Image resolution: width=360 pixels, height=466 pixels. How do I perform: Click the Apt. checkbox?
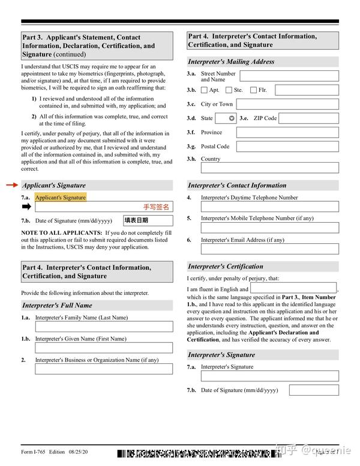[x=204, y=90]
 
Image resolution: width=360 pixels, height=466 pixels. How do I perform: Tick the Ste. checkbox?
[x=229, y=90]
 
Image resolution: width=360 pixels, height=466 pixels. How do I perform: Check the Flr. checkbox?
[x=253, y=90]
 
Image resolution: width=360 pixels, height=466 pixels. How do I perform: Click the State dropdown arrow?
[x=231, y=118]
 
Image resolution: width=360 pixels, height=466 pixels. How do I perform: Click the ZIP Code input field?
[x=308, y=118]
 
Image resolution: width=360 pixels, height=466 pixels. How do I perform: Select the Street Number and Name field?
[x=289, y=76]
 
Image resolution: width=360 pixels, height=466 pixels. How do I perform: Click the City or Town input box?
[x=287, y=104]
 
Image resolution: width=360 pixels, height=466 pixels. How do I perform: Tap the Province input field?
[x=287, y=132]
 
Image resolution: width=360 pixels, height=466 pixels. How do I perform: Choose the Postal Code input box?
[x=287, y=146]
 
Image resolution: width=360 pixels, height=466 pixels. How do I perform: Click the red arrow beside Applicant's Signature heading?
[x=12, y=185]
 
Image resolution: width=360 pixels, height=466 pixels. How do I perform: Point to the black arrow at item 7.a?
[x=26, y=207]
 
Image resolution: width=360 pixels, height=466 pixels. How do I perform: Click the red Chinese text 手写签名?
[x=156, y=207]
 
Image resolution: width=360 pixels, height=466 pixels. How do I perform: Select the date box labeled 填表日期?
[x=148, y=220]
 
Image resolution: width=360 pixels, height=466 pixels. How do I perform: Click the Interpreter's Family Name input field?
[x=104, y=327]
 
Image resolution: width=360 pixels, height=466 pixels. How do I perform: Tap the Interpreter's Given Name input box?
[x=104, y=348]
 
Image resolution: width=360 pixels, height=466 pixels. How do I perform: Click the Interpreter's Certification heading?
[x=226, y=266]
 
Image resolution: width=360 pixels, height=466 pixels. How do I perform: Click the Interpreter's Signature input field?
[x=269, y=376]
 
